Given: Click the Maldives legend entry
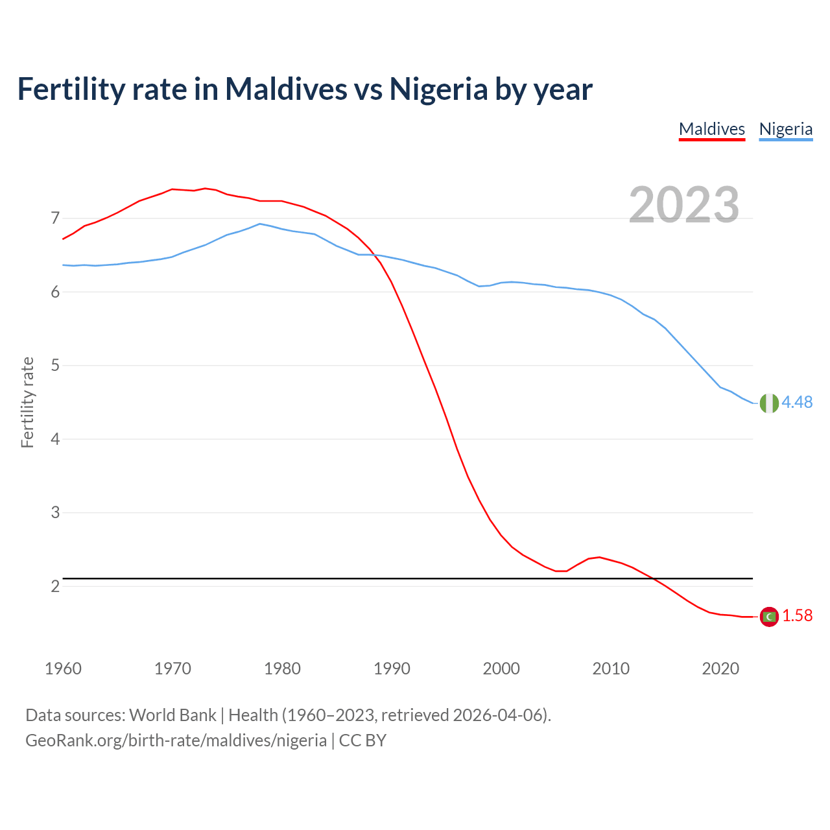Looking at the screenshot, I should tap(711, 129).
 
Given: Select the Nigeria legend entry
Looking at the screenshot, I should tap(785, 129).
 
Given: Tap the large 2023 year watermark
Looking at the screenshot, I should tap(683, 205).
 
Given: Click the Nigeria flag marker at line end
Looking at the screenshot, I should tap(768, 403).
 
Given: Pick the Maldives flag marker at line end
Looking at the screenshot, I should tap(768, 616).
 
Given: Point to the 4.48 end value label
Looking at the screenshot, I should tap(797, 403).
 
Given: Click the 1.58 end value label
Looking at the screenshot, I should tap(797, 616).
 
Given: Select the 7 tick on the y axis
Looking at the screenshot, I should tap(55, 219).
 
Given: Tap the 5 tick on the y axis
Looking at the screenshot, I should tap(55, 366).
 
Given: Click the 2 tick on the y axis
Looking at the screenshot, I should tap(55, 586).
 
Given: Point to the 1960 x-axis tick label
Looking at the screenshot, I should tap(63, 669).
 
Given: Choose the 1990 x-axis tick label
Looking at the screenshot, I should tap(392, 669).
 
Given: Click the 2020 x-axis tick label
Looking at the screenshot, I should tap(720, 669).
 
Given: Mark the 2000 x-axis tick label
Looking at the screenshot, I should tap(501, 669).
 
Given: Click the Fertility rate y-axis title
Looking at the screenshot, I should tap(27, 402).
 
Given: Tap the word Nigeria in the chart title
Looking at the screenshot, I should tap(438, 89).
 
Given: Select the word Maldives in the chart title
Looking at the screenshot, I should tap(286, 89).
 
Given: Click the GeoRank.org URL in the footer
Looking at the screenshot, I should tap(176, 741).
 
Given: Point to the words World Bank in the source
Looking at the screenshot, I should tap(172, 715).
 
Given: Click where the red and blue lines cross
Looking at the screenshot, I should tap(377, 255).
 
